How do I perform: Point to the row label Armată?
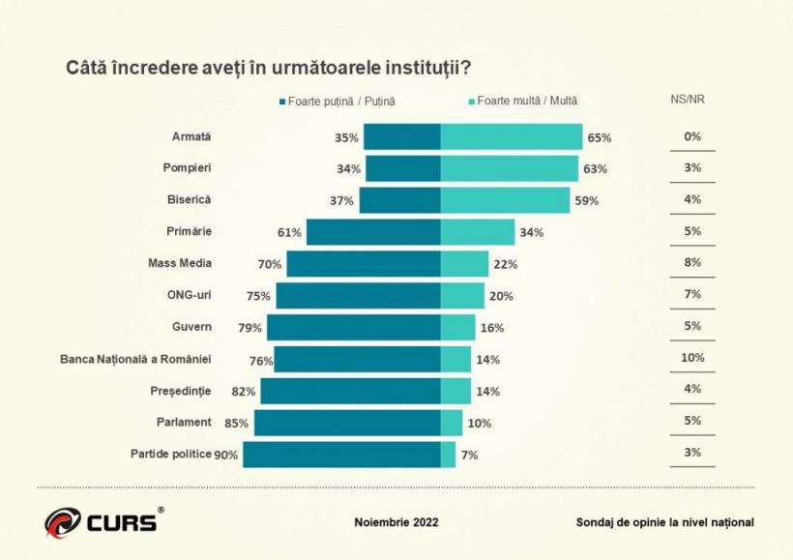coord(191,136)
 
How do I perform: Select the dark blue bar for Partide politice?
coord(341,455)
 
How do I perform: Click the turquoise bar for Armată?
coord(511,137)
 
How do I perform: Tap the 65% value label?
coord(599,137)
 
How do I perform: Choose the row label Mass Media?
coord(179,263)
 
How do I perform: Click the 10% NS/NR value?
coord(692,357)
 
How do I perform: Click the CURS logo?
coord(101,522)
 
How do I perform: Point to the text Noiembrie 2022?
coord(396,522)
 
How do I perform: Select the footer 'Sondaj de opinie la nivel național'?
coord(664,522)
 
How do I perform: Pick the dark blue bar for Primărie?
coord(373,232)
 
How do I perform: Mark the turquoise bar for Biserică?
coord(505,200)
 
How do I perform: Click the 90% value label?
coord(226,455)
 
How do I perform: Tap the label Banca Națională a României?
coord(135,358)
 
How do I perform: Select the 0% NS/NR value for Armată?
coord(692,136)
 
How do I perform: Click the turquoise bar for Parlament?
coord(452,423)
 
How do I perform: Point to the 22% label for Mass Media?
coord(505,264)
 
